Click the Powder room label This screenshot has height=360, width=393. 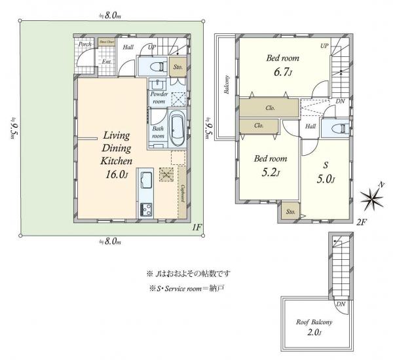[160, 98]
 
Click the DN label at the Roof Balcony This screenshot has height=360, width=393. [341, 304]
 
